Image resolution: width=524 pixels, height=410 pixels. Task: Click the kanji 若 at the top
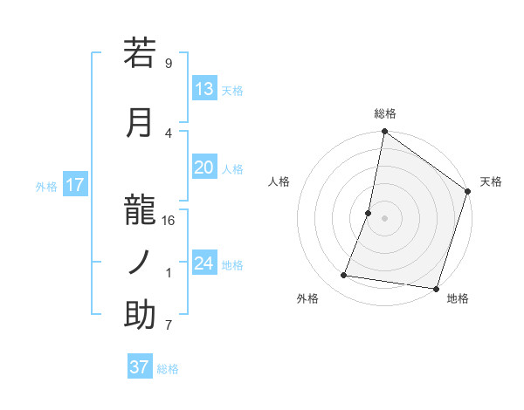(x=140, y=53)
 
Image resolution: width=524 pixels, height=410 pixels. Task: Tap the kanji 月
(x=140, y=122)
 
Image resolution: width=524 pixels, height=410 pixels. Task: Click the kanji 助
(x=140, y=315)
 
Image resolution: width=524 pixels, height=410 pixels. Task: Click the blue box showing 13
(x=203, y=89)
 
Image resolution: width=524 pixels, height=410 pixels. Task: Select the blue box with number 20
(x=203, y=168)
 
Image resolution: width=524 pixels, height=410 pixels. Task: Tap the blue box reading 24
(x=203, y=263)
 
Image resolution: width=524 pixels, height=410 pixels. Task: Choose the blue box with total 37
(x=139, y=367)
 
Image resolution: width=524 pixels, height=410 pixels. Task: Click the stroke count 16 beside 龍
(x=169, y=221)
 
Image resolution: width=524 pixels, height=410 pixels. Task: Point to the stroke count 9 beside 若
(x=168, y=64)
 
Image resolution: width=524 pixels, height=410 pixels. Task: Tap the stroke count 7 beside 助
(x=168, y=326)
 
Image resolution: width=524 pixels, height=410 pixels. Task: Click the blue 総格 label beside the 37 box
(x=168, y=369)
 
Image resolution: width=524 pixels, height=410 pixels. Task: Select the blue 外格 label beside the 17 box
(x=46, y=186)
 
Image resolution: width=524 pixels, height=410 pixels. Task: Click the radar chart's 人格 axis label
(x=279, y=181)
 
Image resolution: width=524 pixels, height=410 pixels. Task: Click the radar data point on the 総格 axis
(x=384, y=133)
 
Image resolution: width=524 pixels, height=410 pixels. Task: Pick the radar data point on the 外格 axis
(x=344, y=276)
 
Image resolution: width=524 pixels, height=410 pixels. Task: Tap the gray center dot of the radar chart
(x=384, y=218)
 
